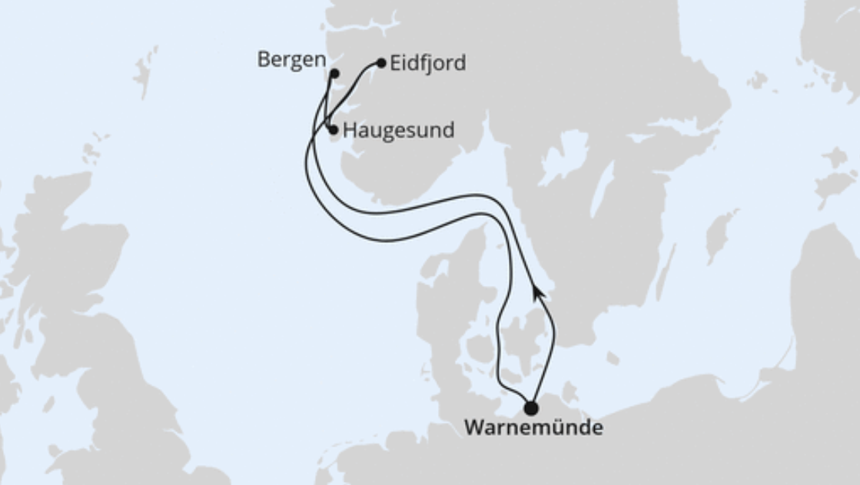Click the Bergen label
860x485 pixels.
click(291, 61)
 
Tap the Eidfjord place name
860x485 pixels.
click(427, 63)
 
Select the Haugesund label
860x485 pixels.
click(398, 130)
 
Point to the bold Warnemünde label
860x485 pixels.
click(533, 428)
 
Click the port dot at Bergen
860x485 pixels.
click(334, 74)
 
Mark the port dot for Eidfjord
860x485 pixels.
click(381, 63)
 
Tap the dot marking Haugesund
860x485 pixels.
click(333, 130)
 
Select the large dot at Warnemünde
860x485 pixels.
click(530, 408)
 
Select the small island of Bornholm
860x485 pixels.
click(613, 358)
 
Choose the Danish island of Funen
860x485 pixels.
click(480, 350)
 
